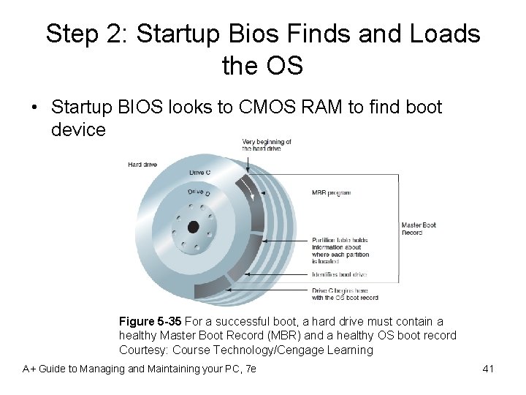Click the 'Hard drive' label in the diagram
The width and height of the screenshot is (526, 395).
pos(142,165)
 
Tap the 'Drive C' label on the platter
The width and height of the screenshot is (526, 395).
pos(200,173)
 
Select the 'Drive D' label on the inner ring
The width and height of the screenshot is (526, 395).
pos(199,192)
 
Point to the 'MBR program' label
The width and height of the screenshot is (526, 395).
pos(332,193)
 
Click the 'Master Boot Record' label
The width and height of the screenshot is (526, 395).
pos(419,228)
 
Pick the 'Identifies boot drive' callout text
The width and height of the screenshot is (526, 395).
pos(339,274)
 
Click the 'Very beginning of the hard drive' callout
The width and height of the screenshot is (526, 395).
pos(267,145)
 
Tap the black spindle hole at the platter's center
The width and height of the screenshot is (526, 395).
pos(193,227)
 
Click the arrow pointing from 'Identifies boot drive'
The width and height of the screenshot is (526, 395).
pos(278,274)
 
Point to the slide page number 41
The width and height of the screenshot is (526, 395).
pos(489,369)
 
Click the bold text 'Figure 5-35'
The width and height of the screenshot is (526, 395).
pos(150,321)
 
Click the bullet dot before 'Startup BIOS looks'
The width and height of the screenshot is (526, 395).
pos(34,108)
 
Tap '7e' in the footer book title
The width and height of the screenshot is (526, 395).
pos(250,369)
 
